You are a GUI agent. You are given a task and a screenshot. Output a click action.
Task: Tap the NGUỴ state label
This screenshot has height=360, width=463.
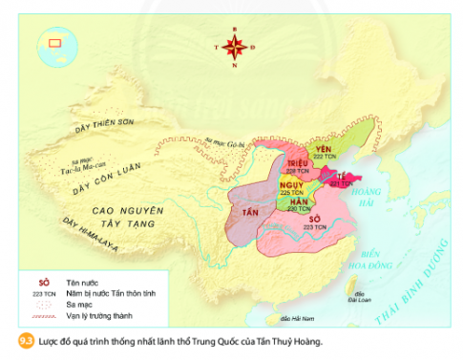291,185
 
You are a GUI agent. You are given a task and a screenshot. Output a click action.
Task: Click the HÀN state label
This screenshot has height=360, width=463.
298,203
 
